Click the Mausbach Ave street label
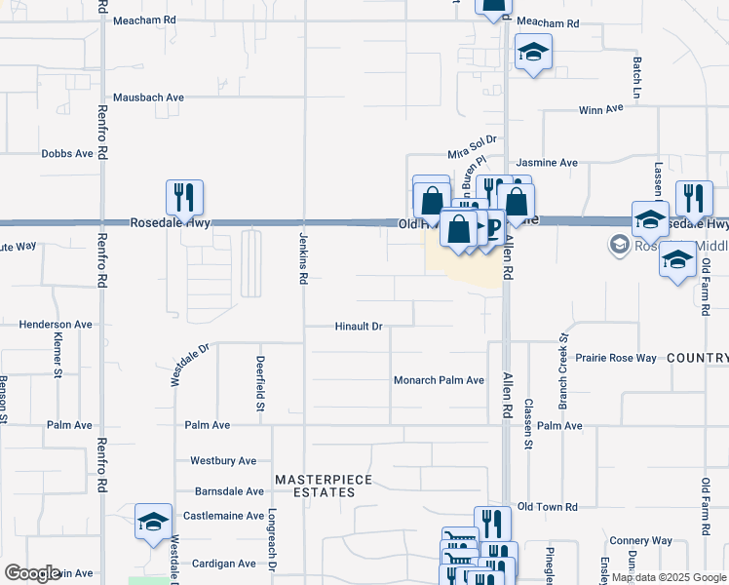(148, 97)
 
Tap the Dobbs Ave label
(67, 154)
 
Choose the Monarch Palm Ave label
(439, 380)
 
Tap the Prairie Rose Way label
(616, 358)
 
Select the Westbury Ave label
(223, 460)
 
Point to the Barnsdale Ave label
(229, 491)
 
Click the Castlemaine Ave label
(224, 515)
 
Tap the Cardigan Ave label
(223, 564)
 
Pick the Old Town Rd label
(548, 507)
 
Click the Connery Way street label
(640, 540)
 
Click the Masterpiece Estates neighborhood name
(314, 486)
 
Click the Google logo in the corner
(32, 573)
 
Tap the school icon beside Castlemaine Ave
(153, 522)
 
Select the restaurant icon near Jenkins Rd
(184, 198)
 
